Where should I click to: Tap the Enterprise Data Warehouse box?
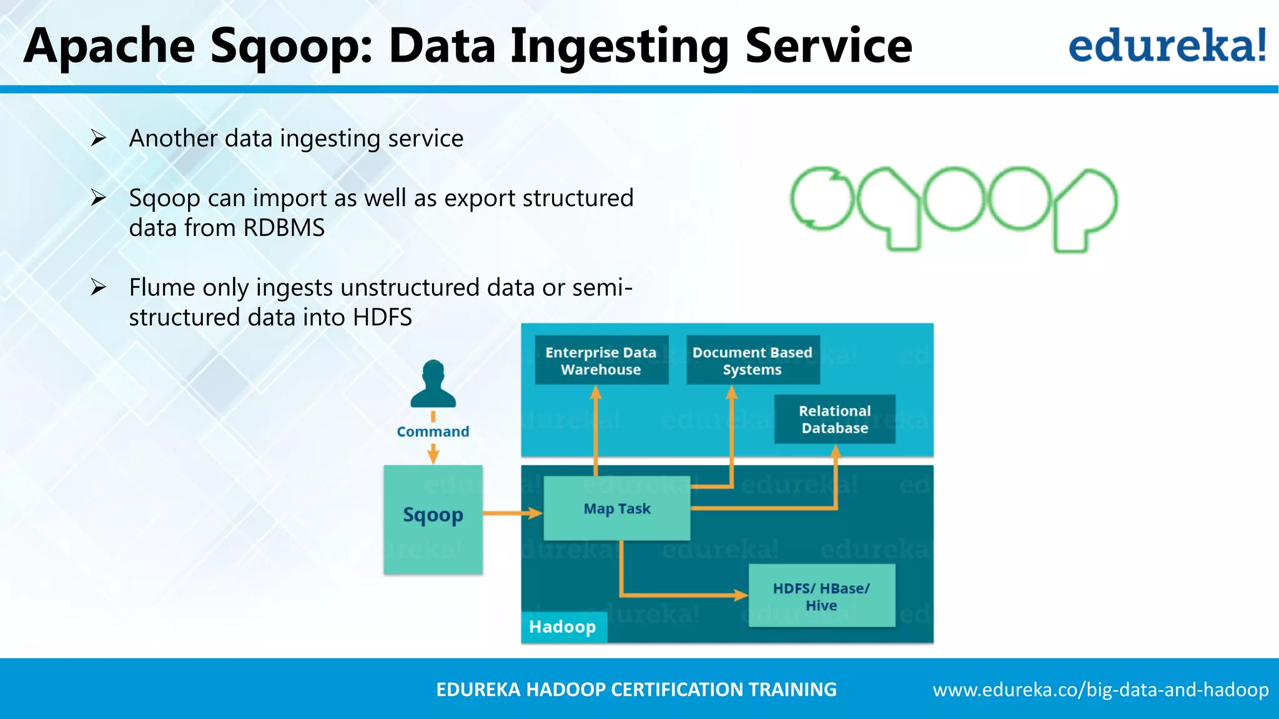pos(601,361)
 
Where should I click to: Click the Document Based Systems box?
pos(753,361)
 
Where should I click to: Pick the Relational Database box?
pos(834,419)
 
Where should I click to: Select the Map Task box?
pos(617,509)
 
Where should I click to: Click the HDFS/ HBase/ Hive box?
pos(821,596)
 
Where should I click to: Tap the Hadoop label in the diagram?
pos(563,627)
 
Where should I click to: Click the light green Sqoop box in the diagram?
pos(433,519)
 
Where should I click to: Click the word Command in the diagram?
pos(433,432)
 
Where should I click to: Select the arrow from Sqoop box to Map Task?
pos(512,513)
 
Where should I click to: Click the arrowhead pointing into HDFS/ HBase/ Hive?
pos(741,595)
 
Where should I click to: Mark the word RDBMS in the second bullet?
pos(284,228)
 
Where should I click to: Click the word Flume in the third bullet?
pos(162,288)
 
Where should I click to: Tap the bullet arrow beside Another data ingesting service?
pos(98,138)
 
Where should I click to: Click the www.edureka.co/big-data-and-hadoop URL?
pos(1100,690)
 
